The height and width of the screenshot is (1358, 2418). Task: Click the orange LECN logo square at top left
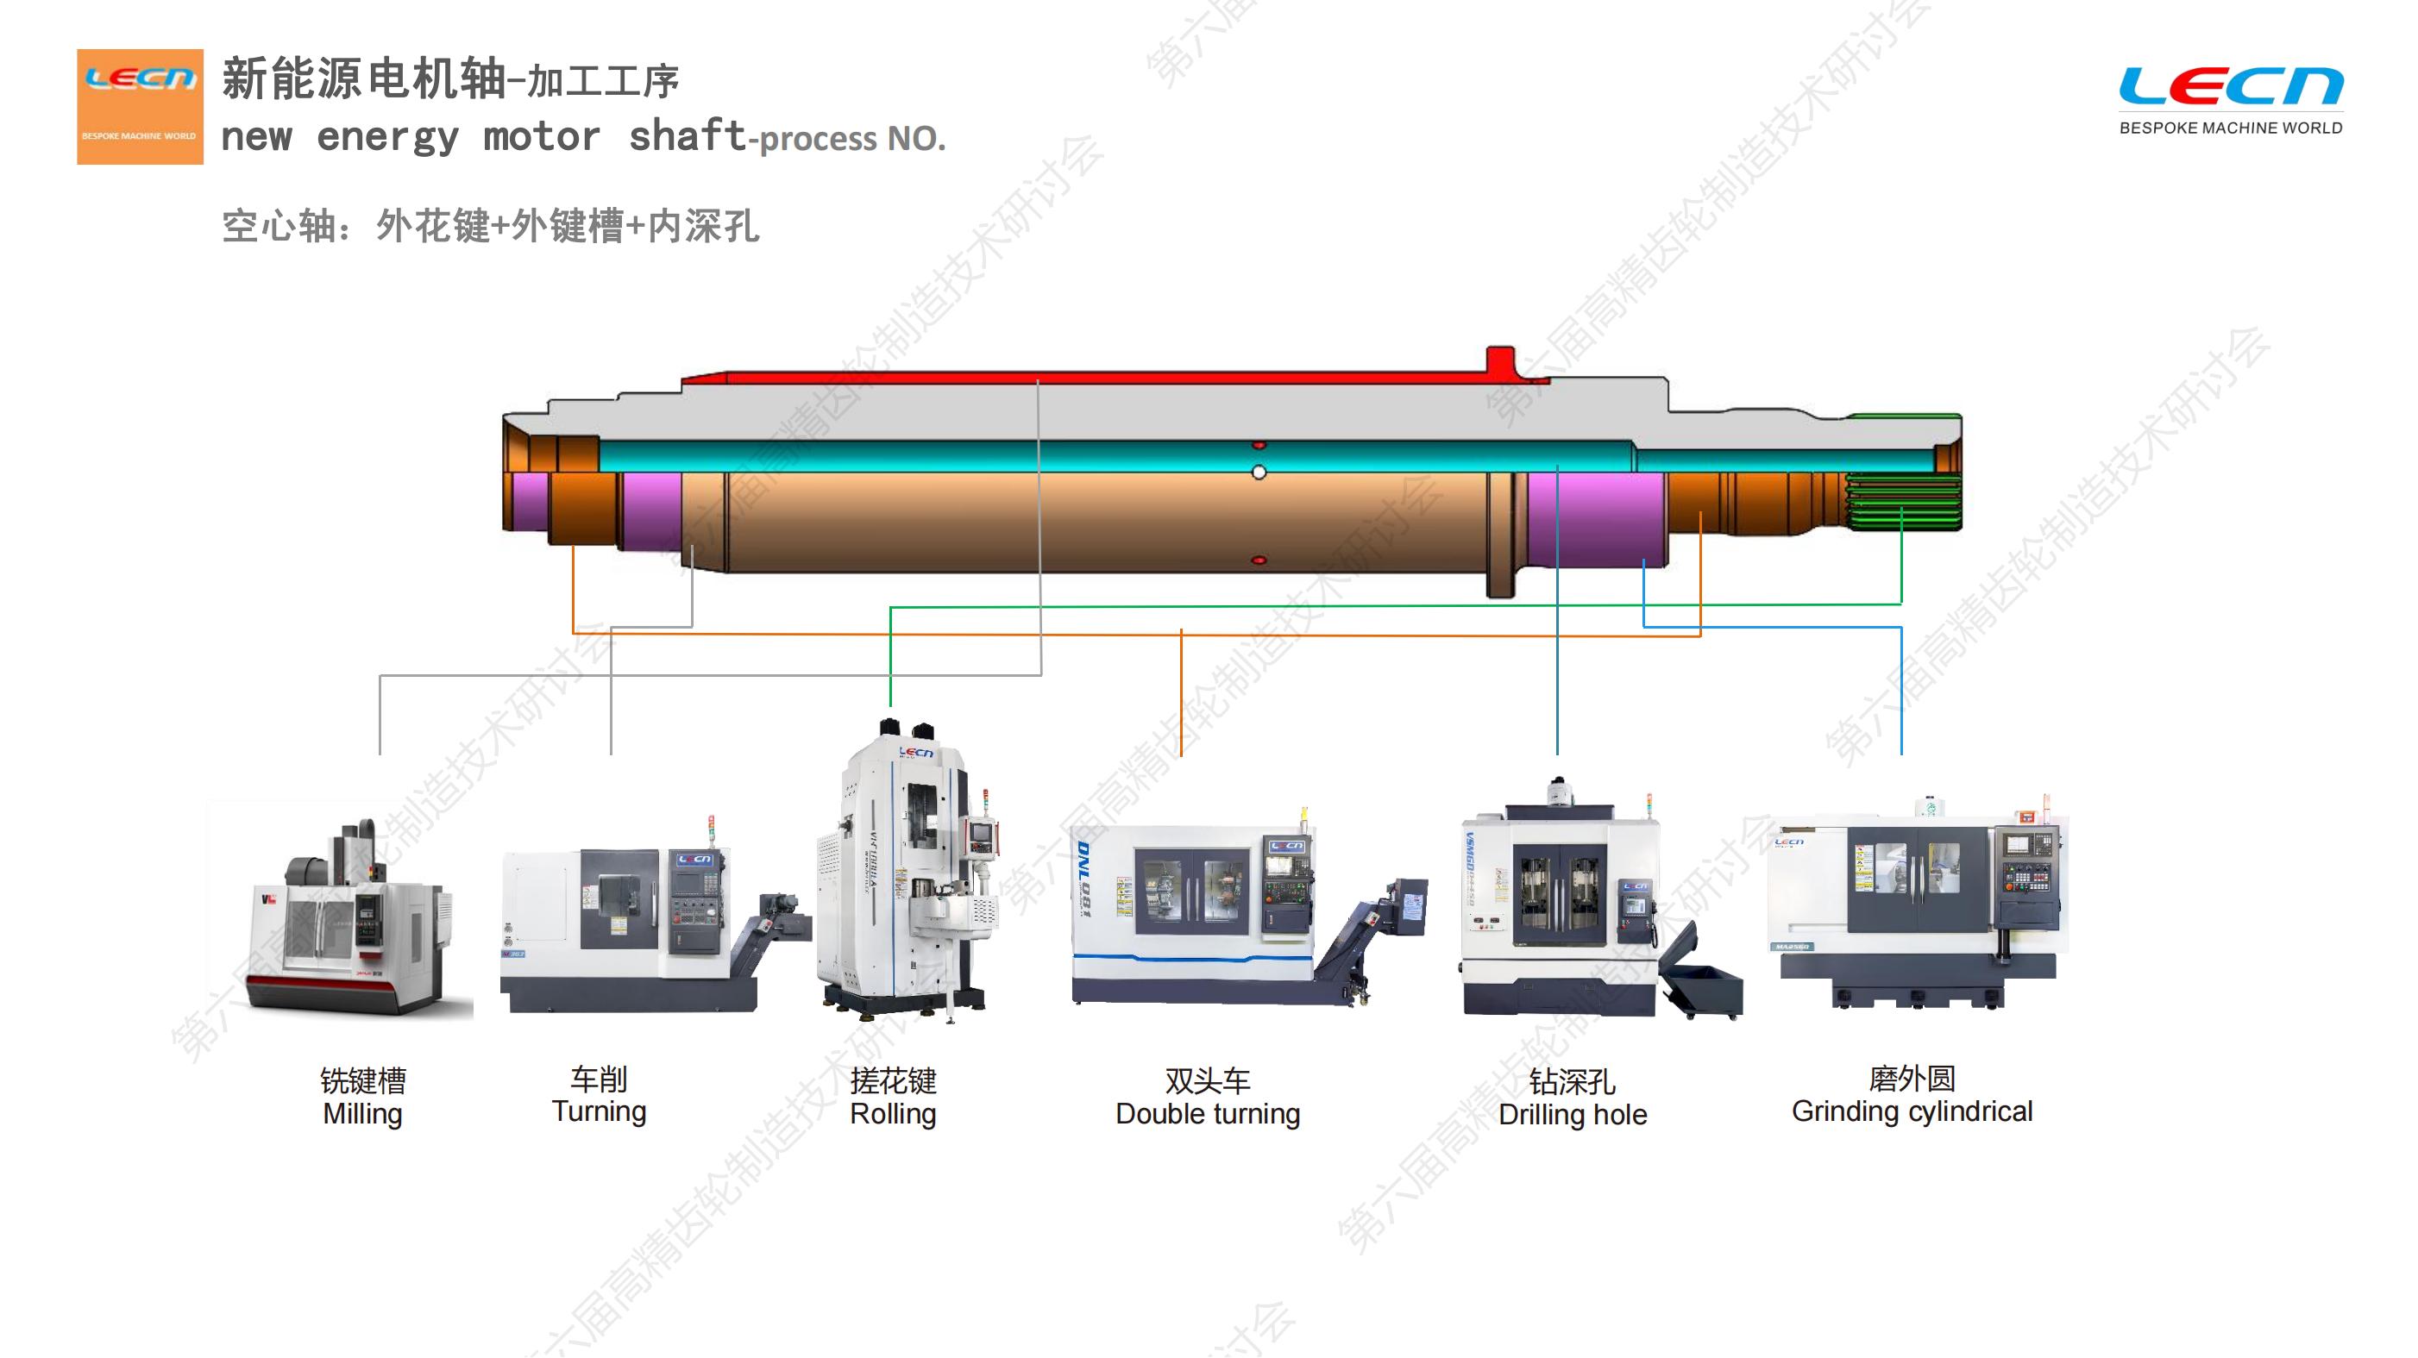[140, 106]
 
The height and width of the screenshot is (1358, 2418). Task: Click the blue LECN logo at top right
[2230, 86]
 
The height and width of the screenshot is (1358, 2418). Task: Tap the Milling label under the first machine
[362, 1114]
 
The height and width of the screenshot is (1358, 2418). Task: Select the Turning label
[599, 1111]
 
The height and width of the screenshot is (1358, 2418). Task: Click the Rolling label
[893, 1114]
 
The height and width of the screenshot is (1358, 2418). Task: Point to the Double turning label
[1207, 1114]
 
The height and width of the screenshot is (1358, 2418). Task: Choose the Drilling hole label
[1573, 1115]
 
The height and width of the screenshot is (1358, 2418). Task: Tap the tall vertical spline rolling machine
[906, 873]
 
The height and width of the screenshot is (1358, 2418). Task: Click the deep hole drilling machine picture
[1577, 901]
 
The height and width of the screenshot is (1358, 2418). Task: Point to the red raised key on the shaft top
[1500, 360]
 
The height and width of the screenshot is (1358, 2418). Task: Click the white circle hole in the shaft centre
[1259, 472]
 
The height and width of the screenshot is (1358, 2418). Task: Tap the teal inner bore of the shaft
[1033, 456]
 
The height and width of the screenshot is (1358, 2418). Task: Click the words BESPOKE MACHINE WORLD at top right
[2230, 128]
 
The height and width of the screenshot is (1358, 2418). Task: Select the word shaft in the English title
[686, 136]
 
